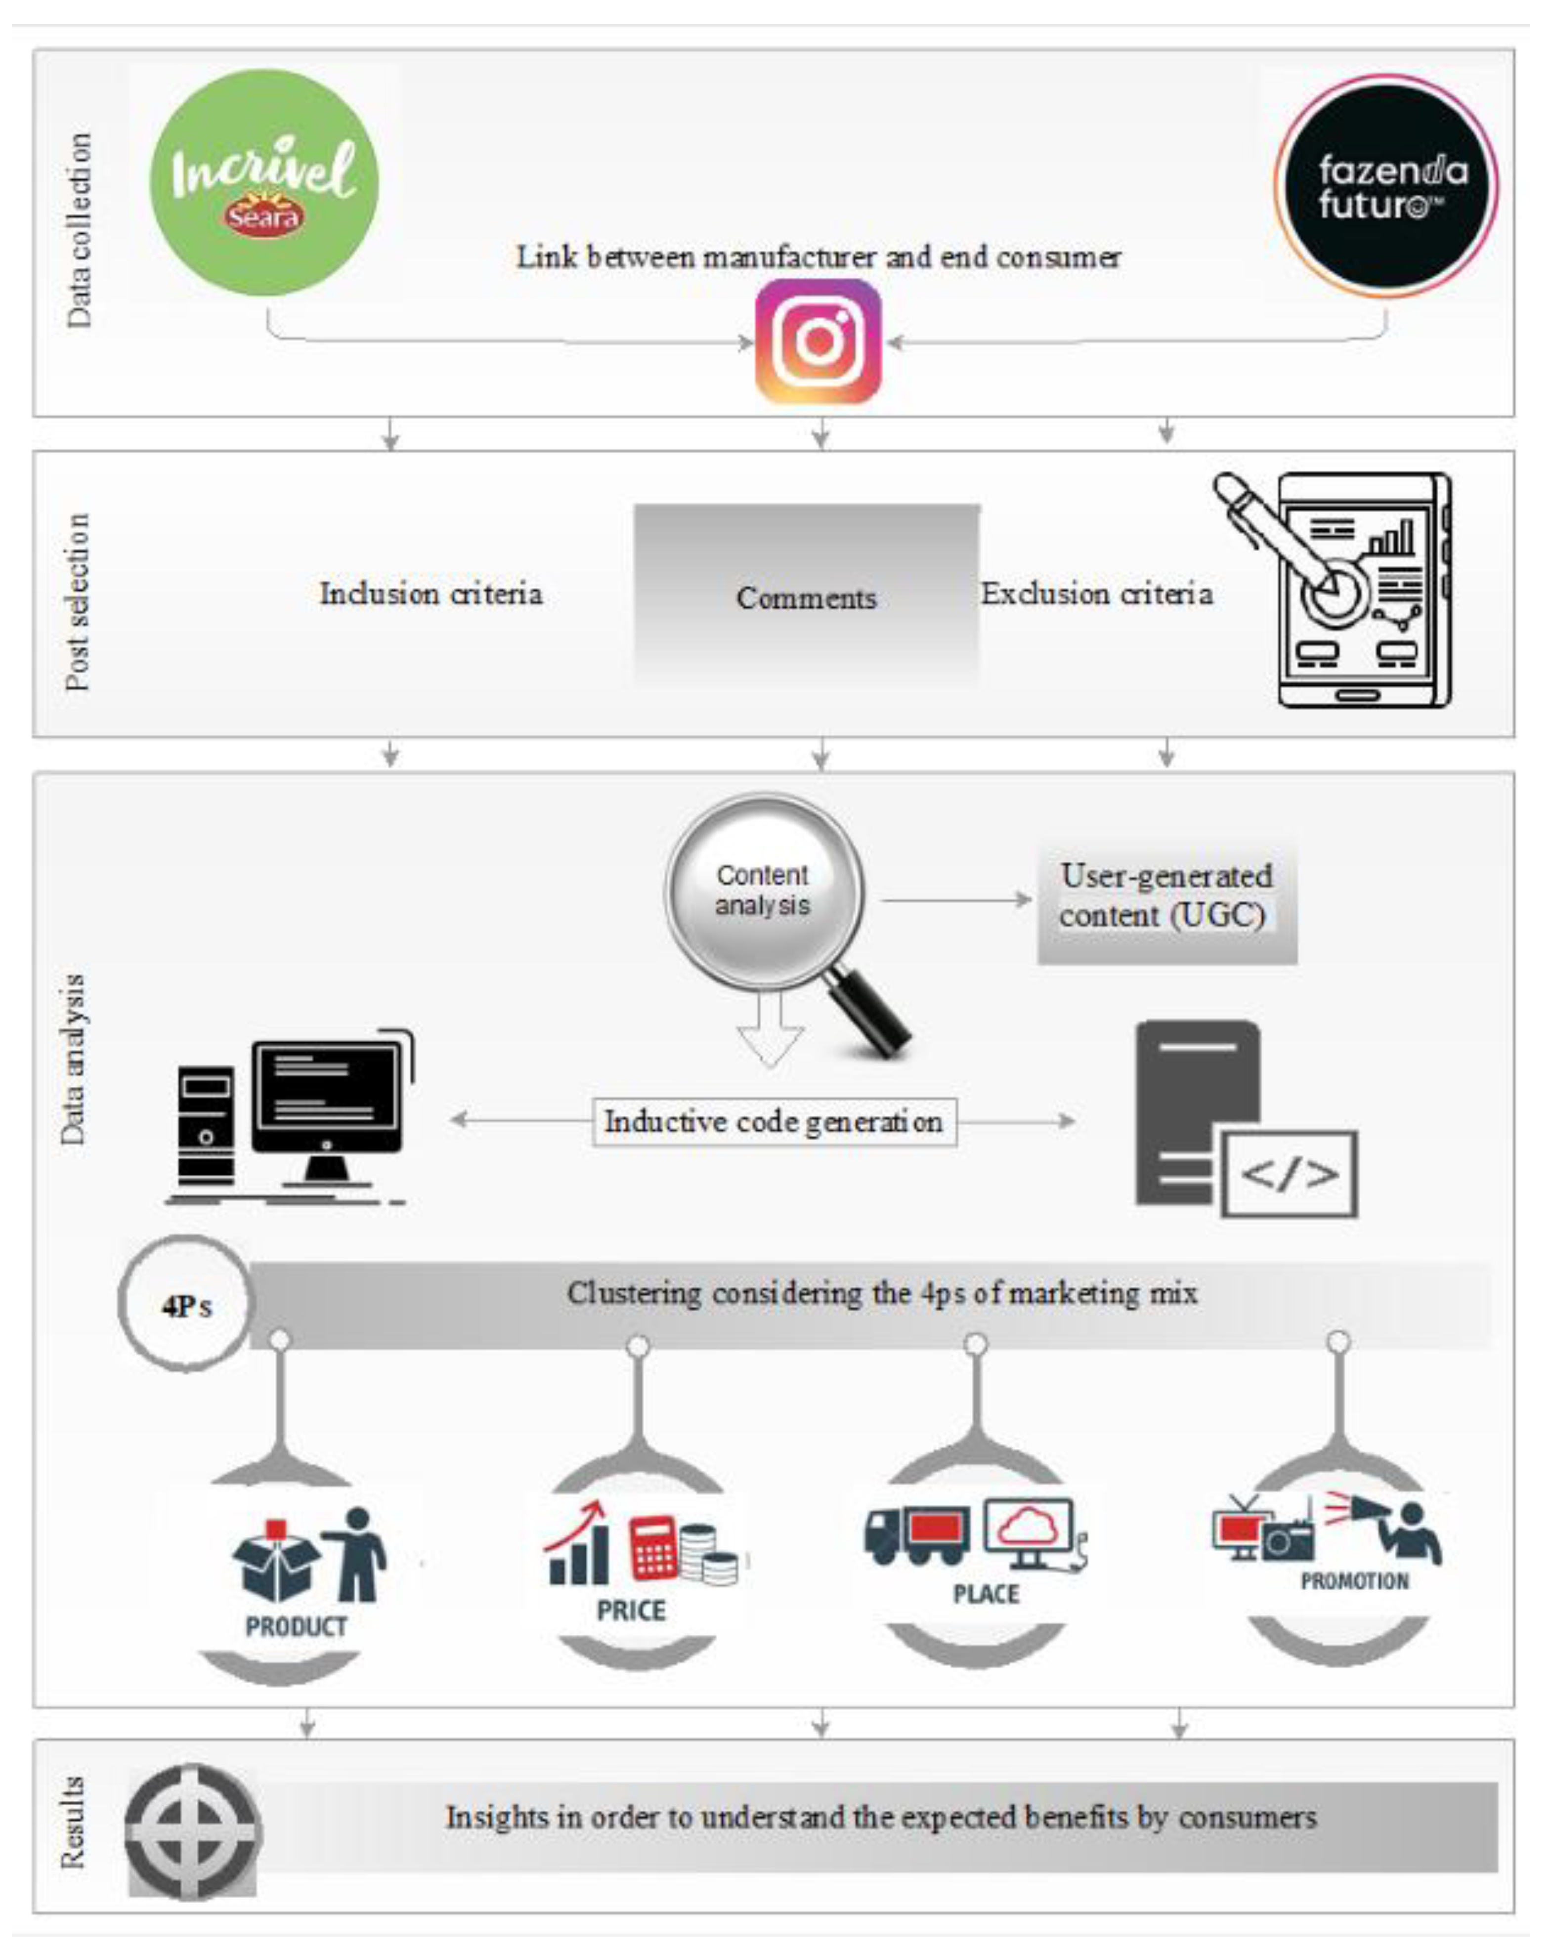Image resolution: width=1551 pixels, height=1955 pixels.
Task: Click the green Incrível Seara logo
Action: tap(264, 182)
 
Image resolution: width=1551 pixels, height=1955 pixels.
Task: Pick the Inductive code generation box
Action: tap(774, 1122)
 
